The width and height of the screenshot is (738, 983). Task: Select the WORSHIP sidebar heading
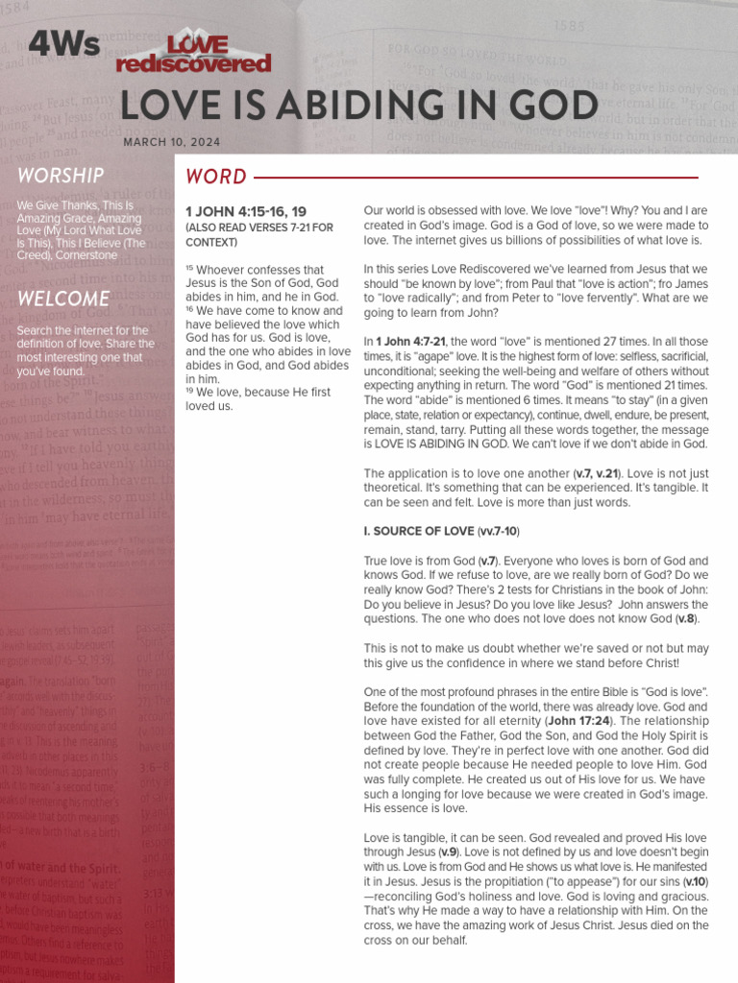[x=61, y=176]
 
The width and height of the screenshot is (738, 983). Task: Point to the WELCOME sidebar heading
[x=63, y=298]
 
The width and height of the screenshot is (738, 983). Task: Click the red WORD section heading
[x=216, y=177]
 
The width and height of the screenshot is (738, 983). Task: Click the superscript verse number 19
[x=191, y=391]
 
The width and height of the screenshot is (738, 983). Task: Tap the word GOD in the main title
[x=547, y=106]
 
